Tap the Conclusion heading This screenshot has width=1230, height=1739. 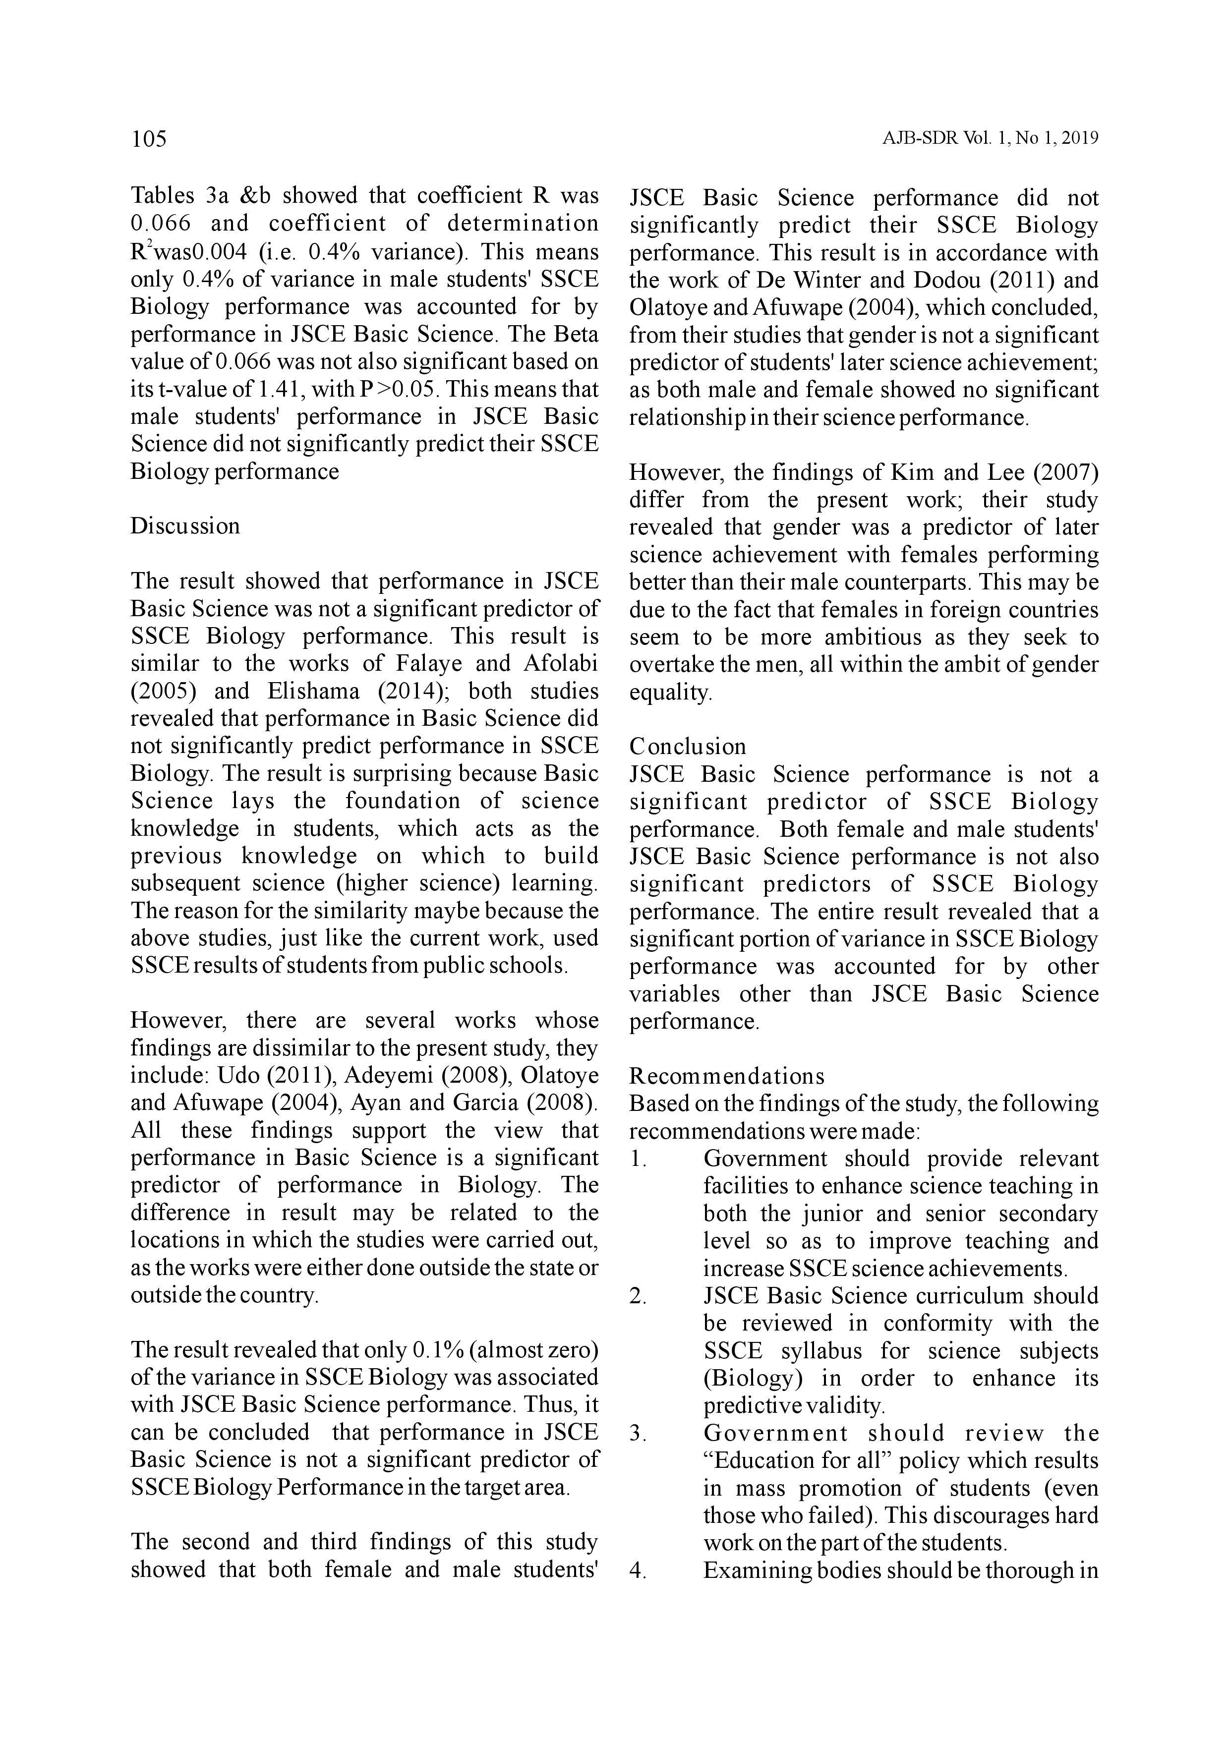click(x=688, y=747)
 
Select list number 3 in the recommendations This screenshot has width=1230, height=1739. click(x=638, y=1434)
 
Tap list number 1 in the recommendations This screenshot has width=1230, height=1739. click(x=638, y=1159)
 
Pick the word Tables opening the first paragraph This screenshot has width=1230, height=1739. click(x=163, y=197)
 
